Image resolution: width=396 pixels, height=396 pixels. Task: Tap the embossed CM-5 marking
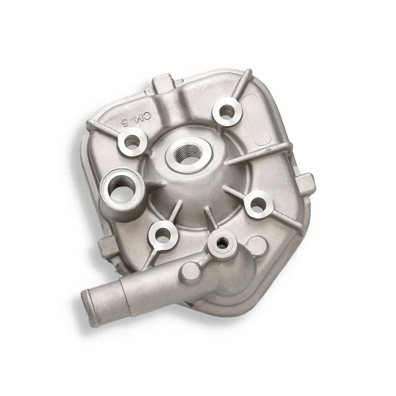pos(136,119)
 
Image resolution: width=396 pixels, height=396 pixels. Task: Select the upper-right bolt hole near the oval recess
pos(227,111)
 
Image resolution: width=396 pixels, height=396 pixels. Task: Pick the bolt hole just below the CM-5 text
pos(133,142)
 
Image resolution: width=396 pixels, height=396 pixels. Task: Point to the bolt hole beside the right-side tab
pos(258,204)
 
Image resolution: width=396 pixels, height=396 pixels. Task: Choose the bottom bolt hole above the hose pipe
pos(162,235)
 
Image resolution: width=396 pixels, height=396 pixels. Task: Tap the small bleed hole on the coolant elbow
pos(222,243)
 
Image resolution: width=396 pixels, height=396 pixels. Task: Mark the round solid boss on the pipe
pos(191,272)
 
